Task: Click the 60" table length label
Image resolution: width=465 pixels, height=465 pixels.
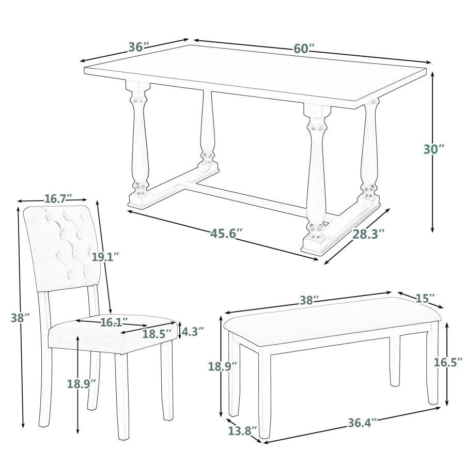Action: (x=304, y=49)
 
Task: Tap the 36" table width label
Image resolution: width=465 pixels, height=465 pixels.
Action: (x=139, y=47)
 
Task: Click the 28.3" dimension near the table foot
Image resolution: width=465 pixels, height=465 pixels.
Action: (x=369, y=234)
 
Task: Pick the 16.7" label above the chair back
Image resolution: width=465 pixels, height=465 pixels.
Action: (x=58, y=199)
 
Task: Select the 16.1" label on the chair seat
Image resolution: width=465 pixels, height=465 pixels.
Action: (x=114, y=322)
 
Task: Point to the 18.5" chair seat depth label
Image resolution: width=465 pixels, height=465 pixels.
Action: (x=157, y=334)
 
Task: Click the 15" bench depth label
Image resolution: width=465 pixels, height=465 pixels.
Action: (x=425, y=298)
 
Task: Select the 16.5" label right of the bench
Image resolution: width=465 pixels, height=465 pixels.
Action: (x=447, y=362)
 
